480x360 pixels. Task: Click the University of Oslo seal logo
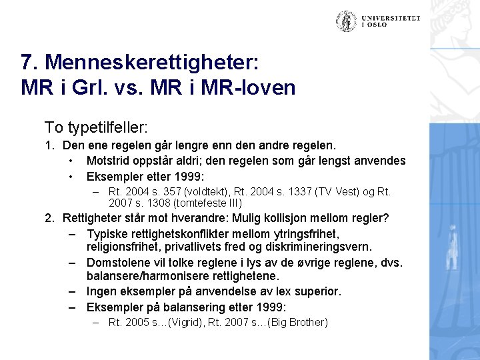pyautogui.click(x=346, y=21)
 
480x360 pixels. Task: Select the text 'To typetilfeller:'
pyautogui.click(x=96, y=127)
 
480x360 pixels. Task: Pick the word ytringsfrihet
pyautogui.click(x=306, y=233)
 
